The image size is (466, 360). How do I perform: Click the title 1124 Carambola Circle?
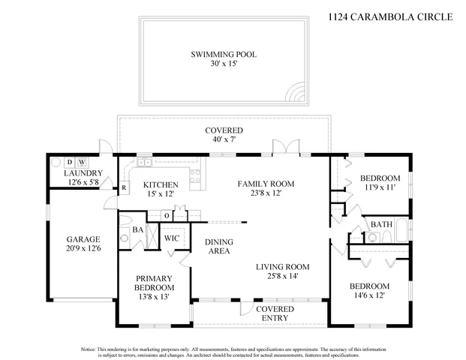point(391,14)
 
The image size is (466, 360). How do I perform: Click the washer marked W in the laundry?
point(82,162)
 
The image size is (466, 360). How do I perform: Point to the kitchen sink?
point(144,163)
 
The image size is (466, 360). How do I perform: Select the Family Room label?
point(266,184)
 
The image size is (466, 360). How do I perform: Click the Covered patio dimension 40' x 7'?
point(224,140)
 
